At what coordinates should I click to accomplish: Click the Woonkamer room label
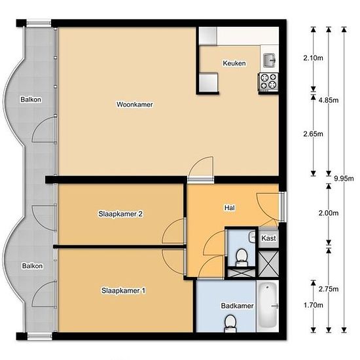pos(135,105)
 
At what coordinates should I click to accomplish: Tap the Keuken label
pos(234,63)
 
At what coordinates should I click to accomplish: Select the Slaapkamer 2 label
pos(120,214)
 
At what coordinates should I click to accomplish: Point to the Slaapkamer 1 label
pos(123,291)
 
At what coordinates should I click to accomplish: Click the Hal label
pos(230,207)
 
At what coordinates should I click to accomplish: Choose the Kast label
pos(268,238)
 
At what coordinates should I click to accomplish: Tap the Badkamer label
pos(237,306)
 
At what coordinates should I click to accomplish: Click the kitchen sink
pos(269,60)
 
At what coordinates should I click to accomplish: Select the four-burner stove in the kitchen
pos(268,82)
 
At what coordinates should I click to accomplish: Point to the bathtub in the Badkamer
pos(268,306)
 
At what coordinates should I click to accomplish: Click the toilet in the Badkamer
pos(230,324)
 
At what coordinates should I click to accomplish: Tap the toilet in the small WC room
pos(242,258)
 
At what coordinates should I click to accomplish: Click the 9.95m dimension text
pos(344,179)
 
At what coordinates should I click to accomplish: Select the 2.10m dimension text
pos(313,58)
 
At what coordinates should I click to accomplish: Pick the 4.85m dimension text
pos(329,100)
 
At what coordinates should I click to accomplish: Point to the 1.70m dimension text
pos(313,305)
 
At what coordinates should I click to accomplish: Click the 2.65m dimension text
pos(313,134)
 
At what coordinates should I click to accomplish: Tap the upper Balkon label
pos(31,99)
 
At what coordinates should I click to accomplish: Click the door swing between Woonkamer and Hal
pos(201,167)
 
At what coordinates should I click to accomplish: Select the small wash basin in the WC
pos(252,236)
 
